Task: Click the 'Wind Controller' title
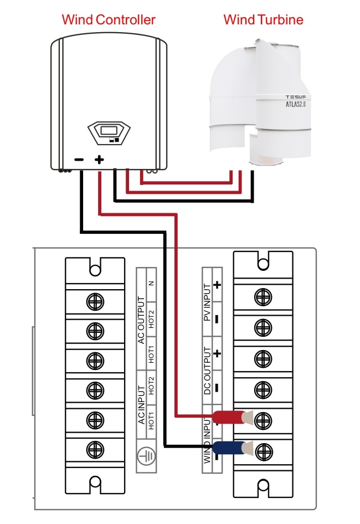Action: [109, 20]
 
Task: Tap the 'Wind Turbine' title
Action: [264, 20]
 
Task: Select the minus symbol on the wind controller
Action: [79, 160]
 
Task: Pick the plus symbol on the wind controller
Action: [99, 160]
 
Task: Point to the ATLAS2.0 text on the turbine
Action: [296, 104]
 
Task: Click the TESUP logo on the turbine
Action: [296, 97]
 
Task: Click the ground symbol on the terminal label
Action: [146, 455]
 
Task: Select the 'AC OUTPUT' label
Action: [141, 320]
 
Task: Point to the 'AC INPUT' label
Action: [142, 405]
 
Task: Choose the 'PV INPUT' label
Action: [207, 302]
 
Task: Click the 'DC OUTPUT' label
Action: [207, 371]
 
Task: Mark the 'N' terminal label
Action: [151, 284]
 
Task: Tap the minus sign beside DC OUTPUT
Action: [217, 388]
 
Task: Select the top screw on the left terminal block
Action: [95, 302]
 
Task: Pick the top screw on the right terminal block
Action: [263, 297]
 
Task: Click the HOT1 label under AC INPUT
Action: [151, 421]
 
